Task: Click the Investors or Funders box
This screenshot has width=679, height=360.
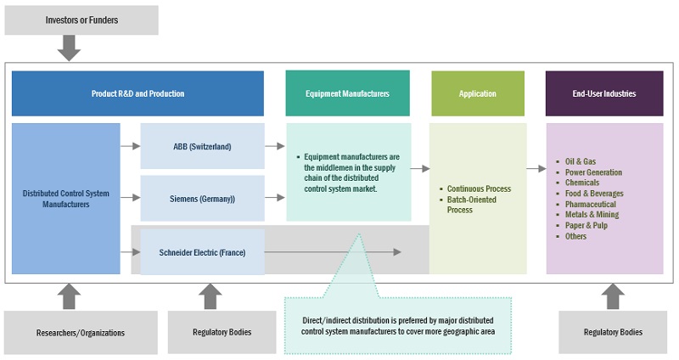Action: (81, 20)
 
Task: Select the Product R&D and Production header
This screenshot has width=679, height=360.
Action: (137, 93)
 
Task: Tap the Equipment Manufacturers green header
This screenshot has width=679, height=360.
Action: (347, 93)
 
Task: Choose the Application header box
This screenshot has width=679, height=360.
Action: (478, 93)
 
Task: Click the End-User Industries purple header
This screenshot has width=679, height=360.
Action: (603, 93)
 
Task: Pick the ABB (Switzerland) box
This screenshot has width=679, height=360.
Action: (202, 146)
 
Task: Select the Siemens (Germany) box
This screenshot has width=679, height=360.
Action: (202, 199)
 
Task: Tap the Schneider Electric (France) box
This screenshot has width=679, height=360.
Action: (202, 251)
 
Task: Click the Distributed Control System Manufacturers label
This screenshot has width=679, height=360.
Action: (65, 199)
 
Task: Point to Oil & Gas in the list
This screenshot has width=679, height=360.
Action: (581, 161)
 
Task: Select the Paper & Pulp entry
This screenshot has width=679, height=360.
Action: (586, 226)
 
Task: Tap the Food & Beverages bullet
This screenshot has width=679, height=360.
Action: (594, 194)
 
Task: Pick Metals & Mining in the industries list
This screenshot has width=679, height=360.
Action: (592, 215)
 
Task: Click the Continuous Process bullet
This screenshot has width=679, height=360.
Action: (479, 188)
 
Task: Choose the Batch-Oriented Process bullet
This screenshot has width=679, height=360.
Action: (474, 205)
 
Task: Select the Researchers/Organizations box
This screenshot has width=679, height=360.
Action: (81, 333)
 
